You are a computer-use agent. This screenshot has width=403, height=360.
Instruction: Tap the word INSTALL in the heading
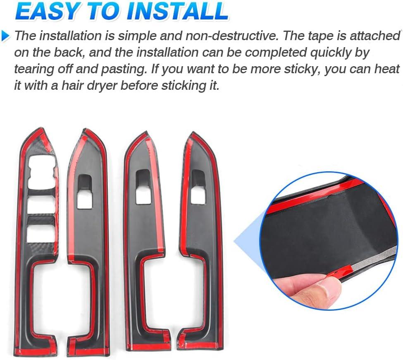(177, 11)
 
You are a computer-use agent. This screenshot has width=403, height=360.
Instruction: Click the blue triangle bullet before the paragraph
(6, 36)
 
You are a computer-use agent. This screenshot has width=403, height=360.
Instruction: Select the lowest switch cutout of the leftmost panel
(41, 234)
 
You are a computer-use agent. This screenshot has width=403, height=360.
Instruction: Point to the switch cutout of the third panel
(143, 187)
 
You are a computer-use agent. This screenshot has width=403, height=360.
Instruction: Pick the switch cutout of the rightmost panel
(198, 187)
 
